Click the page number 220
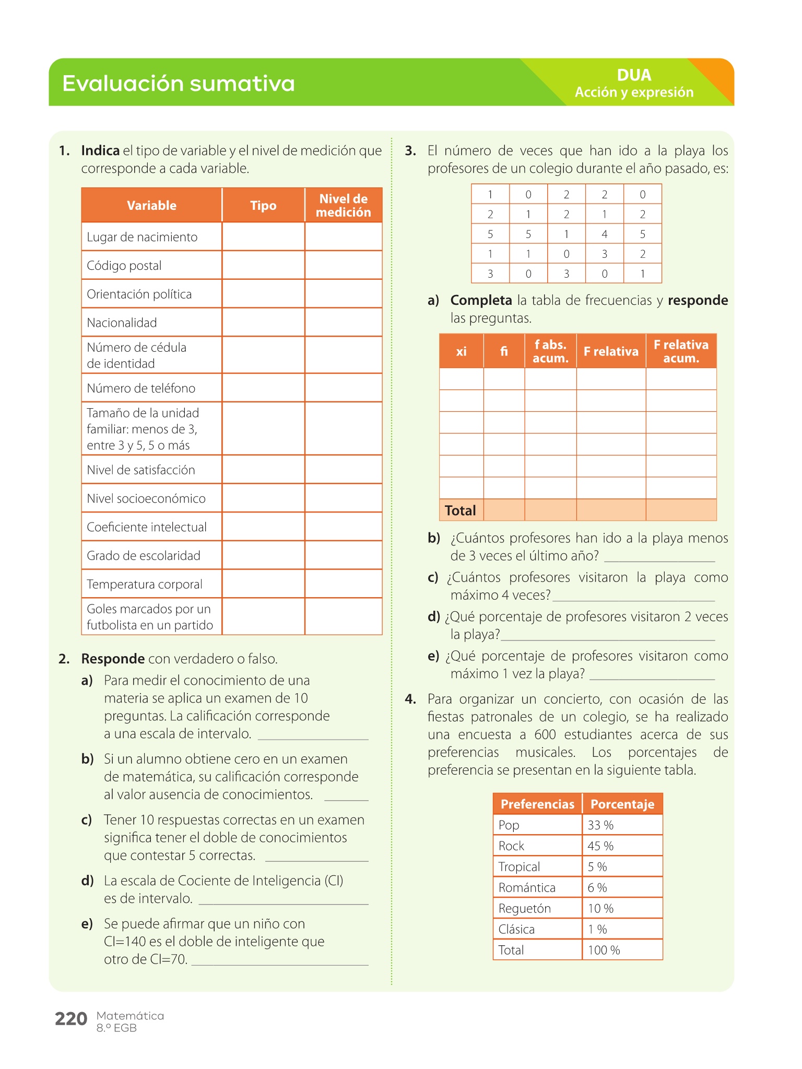pyautogui.click(x=71, y=1018)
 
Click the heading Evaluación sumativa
pyautogui.click(x=179, y=84)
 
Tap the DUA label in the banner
pyautogui.click(x=634, y=75)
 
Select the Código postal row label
pyautogui.click(x=124, y=266)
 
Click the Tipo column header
pyautogui.click(x=263, y=206)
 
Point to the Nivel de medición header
pyautogui.click(x=343, y=206)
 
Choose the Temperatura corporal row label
pyautogui.click(x=145, y=584)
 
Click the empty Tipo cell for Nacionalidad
pyautogui.click(x=263, y=323)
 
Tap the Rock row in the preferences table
pyautogui.click(x=511, y=846)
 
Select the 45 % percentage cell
pyautogui.click(x=600, y=846)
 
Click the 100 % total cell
pyautogui.click(x=604, y=951)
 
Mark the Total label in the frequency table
pyautogui.click(x=460, y=510)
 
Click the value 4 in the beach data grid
pyautogui.click(x=604, y=234)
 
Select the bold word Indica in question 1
pyautogui.click(x=100, y=151)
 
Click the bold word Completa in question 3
pyautogui.click(x=481, y=301)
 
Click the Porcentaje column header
pyautogui.click(x=622, y=804)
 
